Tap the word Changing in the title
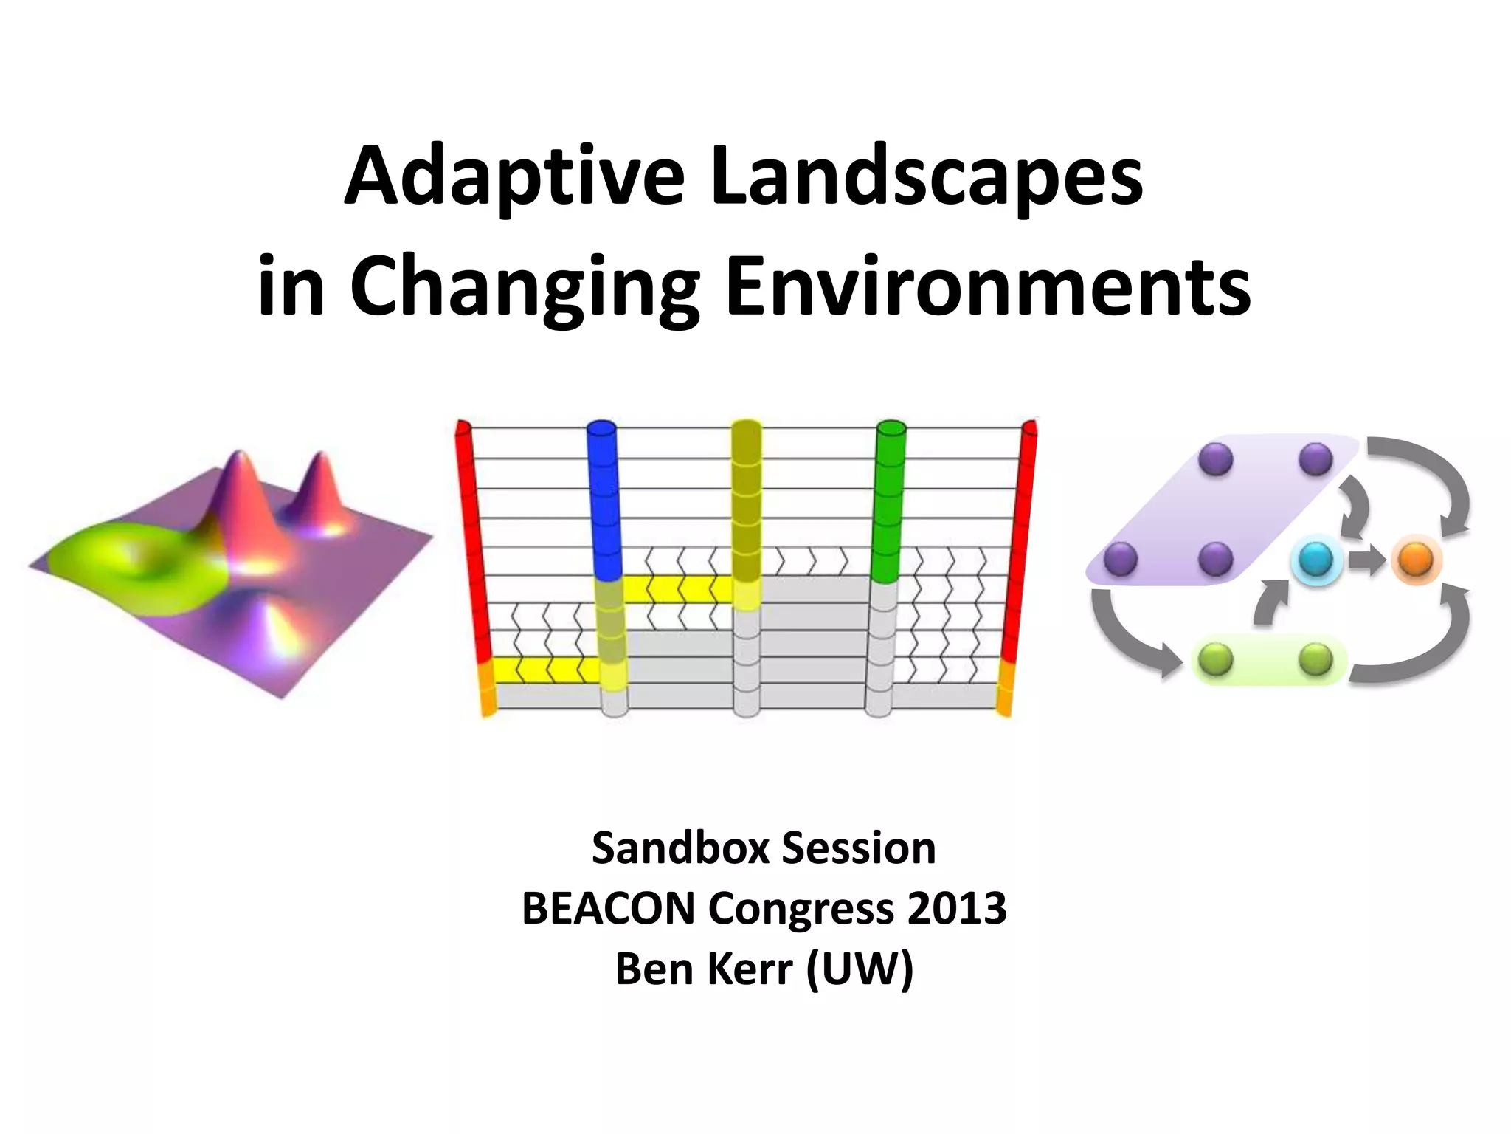coord(524,288)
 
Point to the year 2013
coord(957,908)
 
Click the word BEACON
coord(609,908)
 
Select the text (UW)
coord(860,969)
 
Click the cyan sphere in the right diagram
coord(1315,560)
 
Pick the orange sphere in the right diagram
coord(1415,560)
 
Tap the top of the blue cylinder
coord(601,427)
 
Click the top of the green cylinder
coord(891,427)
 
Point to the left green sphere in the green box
coord(1215,659)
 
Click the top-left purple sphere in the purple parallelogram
coord(1216,458)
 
